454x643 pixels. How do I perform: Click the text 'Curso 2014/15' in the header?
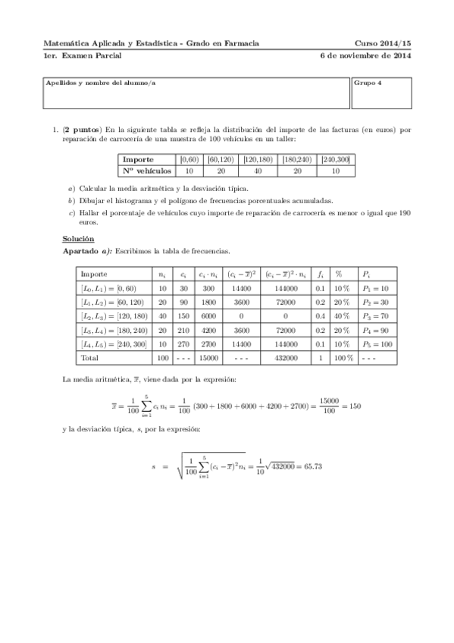click(382, 44)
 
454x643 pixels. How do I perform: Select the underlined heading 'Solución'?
click(78, 238)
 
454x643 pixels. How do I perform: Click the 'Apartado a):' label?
click(88, 250)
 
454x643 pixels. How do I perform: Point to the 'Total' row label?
click(90, 356)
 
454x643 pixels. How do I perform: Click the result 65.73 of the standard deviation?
click(311, 466)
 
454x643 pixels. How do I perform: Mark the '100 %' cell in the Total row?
click(343, 356)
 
